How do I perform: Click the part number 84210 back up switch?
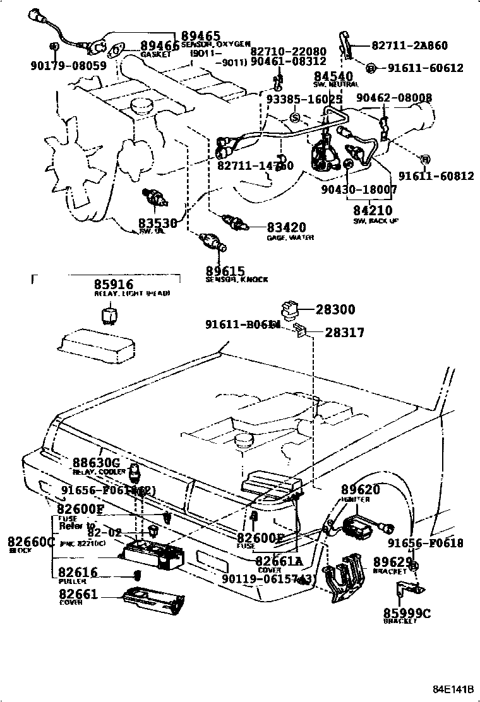click(x=373, y=210)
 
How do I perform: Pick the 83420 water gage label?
click(x=285, y=227)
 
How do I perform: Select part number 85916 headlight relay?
click(x=114, y=284)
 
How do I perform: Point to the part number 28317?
click(x=344, y=332)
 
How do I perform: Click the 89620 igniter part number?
click(x=361, y=489)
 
